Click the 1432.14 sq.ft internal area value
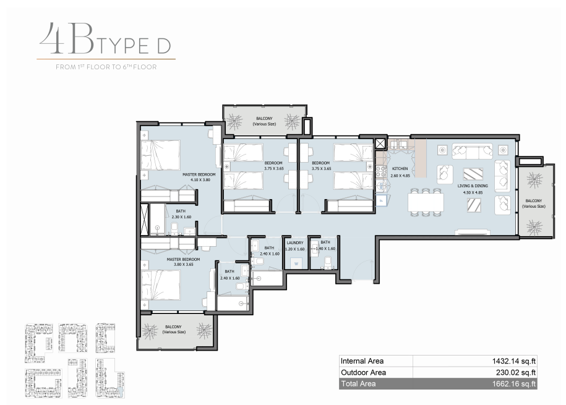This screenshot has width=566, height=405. click(513, 361)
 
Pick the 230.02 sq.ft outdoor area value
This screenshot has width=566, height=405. click(516, 372)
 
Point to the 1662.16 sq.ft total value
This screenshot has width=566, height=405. click(513, 384)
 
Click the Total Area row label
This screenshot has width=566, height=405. click(358, 384)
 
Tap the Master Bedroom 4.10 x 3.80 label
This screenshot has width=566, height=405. click(199, 177)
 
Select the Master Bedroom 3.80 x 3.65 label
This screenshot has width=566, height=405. click(183, 262)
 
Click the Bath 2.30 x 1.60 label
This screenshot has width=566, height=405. click(181, 214)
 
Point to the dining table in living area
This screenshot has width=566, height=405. click(426, 202)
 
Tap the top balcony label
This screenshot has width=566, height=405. click(264, 121)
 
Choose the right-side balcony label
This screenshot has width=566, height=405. click(533, 203)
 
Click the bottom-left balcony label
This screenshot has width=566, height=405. click(174, 329)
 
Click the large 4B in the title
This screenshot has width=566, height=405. click(67, 38)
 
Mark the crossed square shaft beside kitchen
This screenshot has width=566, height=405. click(380, 144)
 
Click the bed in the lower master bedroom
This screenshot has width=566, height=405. click(160, 285)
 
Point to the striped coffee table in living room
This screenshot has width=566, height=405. click(473, 174)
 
